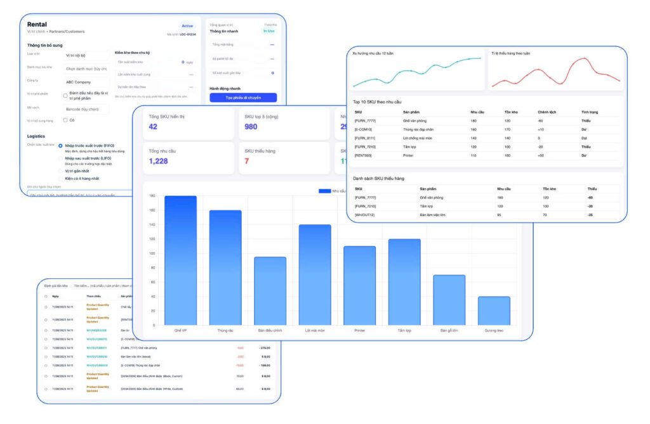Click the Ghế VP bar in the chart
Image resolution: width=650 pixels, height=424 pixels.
pyautogui.click(x=180, y=260)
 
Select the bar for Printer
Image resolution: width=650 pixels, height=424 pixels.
pyautogui.click(x=360, y=285)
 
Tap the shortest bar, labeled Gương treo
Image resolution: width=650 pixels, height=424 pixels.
pyautogui.click(x=494, y=311)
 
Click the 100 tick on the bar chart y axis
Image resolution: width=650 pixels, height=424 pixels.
pyautogui.click(x=152, y=253)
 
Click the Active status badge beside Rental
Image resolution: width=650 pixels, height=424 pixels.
pyautogui.click(x=187, y=26)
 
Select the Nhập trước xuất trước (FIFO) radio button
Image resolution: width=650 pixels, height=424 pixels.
pyautogui.click(x=60, y=146)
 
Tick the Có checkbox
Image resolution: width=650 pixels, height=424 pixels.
pyautogui.click(x=65, y=120)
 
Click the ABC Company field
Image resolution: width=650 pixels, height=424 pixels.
pyautogui.click(x=86, y=81)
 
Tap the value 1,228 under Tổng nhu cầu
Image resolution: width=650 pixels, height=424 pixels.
pyautogui.click(x=159, y=162)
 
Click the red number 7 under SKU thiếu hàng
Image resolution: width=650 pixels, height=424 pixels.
pyautogui.click(x=246, y=162)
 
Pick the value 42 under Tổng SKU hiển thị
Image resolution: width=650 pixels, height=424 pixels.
pyautogui.click(x=153, y=127)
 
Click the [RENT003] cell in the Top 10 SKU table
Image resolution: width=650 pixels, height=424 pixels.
pyautogui.click(x=363, y=155)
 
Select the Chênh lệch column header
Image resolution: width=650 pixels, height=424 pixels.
pyautogui.click(x=547, y=112)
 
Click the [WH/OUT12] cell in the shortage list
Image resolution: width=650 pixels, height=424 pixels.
pyautogui.click(x=366, y=215)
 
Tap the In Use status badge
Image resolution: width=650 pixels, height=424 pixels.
pyautogui.click(x=269, y=30)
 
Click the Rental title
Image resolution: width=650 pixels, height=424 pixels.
pyautogui.click(x=37, y=24)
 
